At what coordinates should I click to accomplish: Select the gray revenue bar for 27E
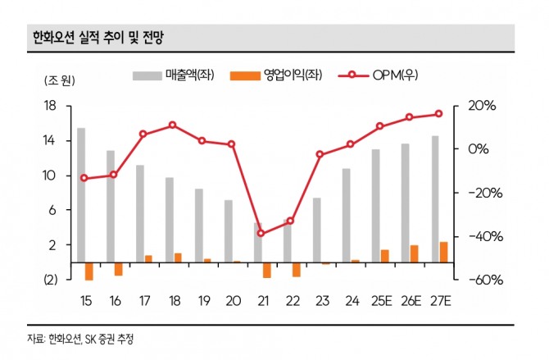click(x=435, y=199)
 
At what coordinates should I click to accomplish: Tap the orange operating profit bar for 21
click(x=266, y=270)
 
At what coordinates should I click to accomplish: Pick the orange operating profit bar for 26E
click(x=415, y=253)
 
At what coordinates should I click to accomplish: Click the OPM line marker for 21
click(x=261, y=233)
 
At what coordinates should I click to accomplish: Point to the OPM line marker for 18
click(x=172, y=125)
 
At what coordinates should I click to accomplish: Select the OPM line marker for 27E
click(x=438, y=114)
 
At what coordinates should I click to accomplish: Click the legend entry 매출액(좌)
click(x=177, y=75)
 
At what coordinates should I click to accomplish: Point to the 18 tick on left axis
click(x=48, y=106)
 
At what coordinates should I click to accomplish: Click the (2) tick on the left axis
click(x=48, y=280)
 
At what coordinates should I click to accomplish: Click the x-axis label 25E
click(x=379, y=301)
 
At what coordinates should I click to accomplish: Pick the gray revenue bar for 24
click(x=347, y=215)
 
